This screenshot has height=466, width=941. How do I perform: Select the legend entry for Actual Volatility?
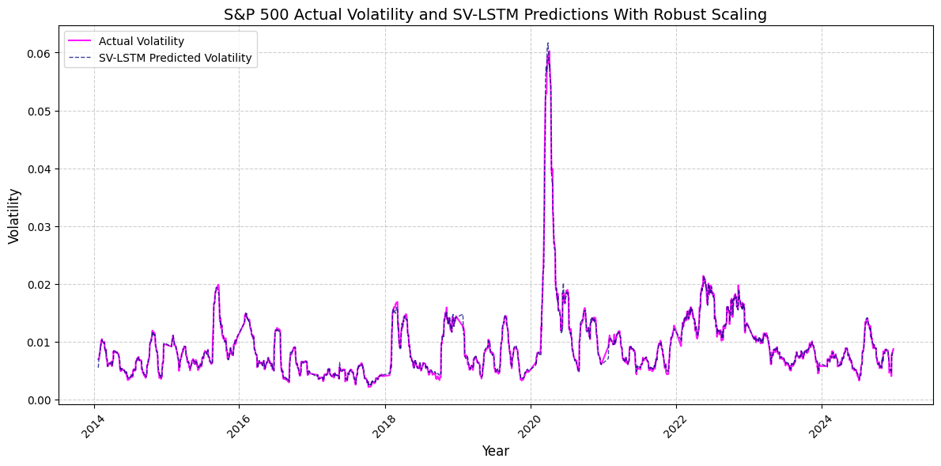point(142,41)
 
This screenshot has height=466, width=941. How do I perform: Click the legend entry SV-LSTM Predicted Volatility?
point(175,58)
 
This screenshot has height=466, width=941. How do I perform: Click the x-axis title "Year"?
point(495,451)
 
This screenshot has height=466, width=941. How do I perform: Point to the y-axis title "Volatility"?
point(13,215)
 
